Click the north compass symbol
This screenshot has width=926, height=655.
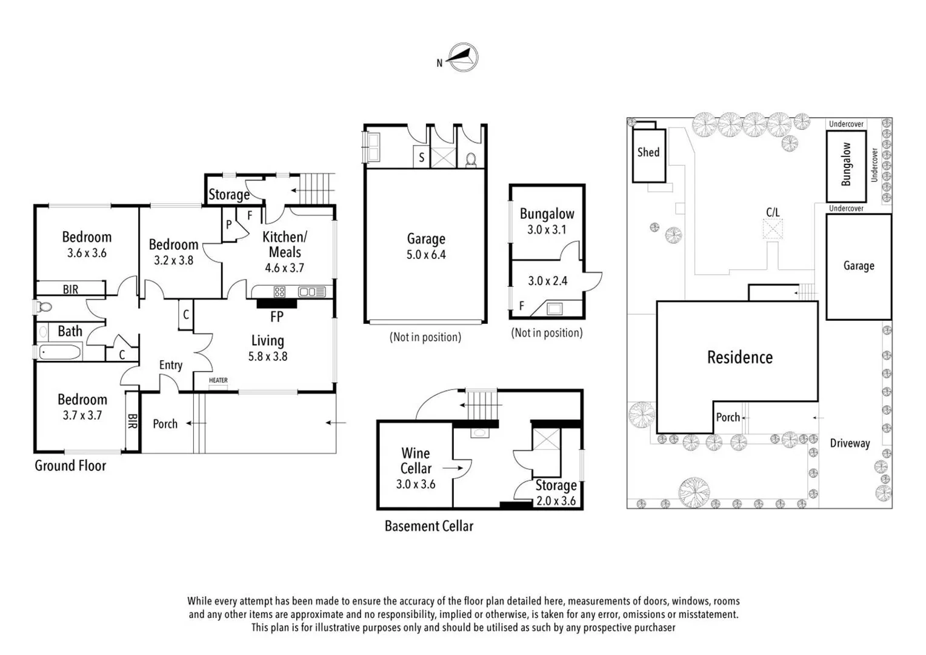coord(463,58)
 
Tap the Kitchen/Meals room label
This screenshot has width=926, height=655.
coord(284,244)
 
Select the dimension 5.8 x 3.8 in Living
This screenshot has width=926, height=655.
coord(267,357)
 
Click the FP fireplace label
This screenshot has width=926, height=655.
coord(276,317)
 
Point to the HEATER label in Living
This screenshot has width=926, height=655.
coord(218,380)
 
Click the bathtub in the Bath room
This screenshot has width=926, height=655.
coord(59,352)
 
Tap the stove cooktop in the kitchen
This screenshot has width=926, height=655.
coord(279,292)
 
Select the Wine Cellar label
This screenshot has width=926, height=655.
coord(416,461)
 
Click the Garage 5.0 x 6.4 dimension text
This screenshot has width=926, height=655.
coord(426,255)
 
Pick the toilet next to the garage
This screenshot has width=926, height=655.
coord(471,160)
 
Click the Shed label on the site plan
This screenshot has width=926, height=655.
coord(648,152)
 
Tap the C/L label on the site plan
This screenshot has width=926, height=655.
coord(773,212)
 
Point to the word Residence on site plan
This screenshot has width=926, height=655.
coord(739,357)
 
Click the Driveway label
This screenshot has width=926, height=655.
coord(850,443)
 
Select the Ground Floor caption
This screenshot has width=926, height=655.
coord(70,466)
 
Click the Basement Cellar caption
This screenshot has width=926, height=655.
coord(428,526)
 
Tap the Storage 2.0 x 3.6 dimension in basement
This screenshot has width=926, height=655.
coord(556,501)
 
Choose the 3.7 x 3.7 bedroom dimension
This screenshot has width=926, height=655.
coord(82,415)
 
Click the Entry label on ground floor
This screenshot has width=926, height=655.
coord(170,365)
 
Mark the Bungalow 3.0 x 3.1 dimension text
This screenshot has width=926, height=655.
coord(547,230)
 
